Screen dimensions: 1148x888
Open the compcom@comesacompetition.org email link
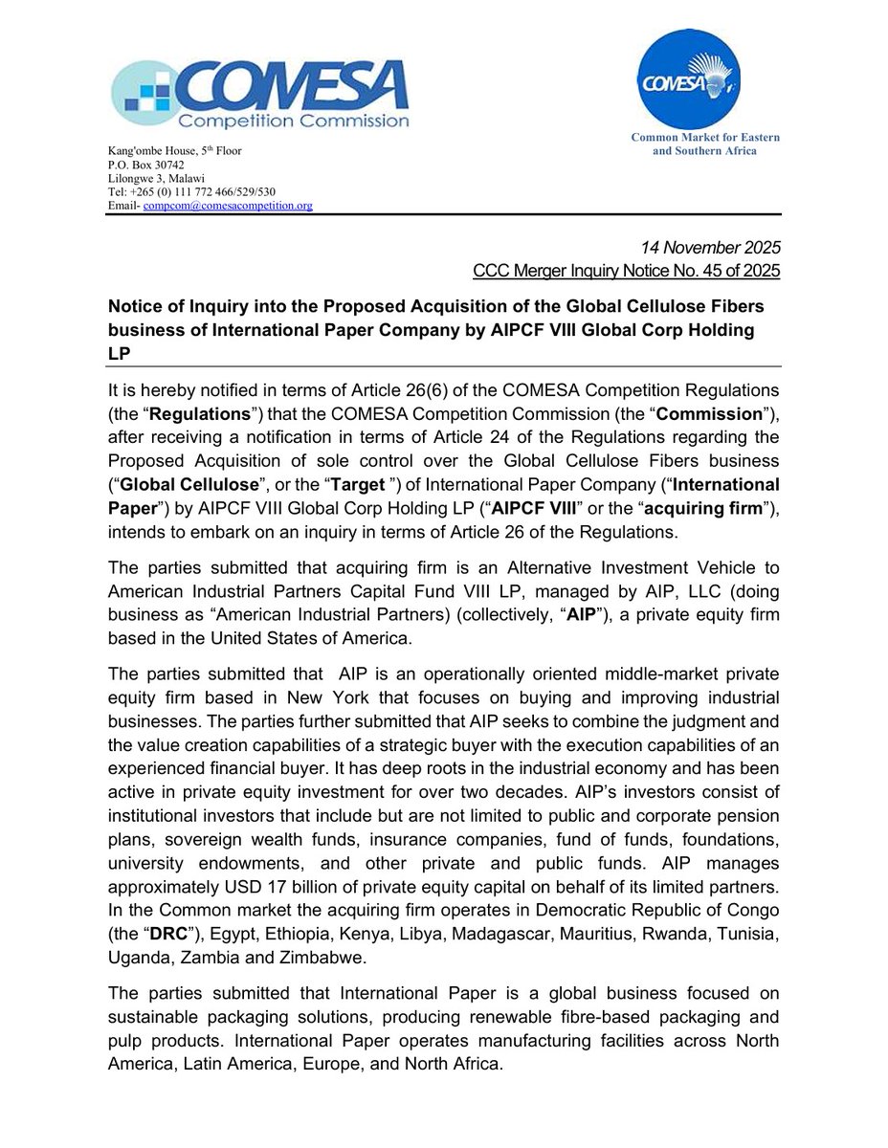(228, 205)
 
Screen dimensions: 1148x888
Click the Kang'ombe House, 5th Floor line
(174, 150)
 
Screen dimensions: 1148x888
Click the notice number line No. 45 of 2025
(627, 272)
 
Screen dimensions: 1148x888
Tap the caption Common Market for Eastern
(705, 137)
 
